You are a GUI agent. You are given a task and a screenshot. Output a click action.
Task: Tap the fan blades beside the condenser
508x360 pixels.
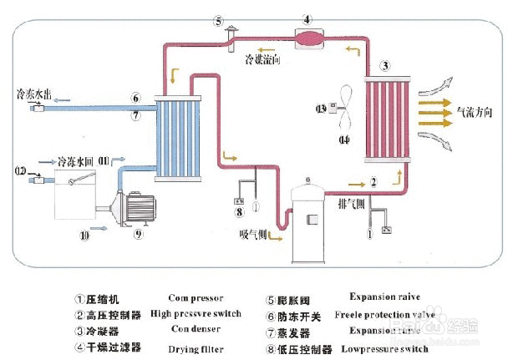pyautogui.click(x=345, y=108)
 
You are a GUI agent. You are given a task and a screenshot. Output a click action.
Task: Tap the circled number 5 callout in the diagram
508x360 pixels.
pyautogui.click(x=219, y=22)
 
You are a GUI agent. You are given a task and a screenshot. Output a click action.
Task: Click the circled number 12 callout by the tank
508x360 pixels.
pyautogui.click(x=20, y=171)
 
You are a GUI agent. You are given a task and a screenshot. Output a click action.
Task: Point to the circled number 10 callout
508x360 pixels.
pyautogui.click(x=84, y=236)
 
